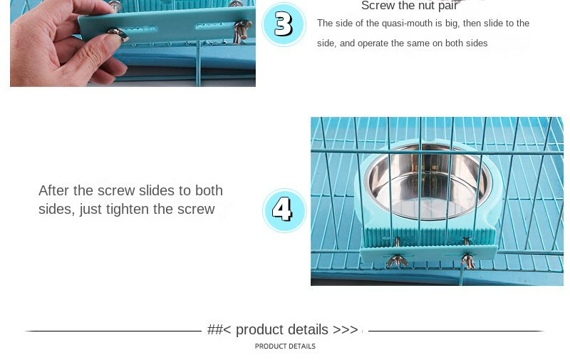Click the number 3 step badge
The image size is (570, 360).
tap(284, 24)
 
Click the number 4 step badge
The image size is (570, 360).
tap(284, 210)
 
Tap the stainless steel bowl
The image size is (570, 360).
tap(427, 181)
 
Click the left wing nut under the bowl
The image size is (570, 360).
tap(397, 261)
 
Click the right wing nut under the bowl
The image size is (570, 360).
tap(468, 261)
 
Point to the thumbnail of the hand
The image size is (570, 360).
tap(133, 43)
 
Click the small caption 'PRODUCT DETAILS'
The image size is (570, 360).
tap(285, 346)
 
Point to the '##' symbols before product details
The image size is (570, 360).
tap(215, 329)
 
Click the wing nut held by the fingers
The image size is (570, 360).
tap(118, 34)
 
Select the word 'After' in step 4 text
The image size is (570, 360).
tap(54, 190)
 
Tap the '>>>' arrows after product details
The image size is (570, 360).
tap(346, 329)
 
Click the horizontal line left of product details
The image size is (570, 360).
tap(113, 331)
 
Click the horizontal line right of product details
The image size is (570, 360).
tap(456, 331)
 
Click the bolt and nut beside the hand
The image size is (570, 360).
tap(242, 31)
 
